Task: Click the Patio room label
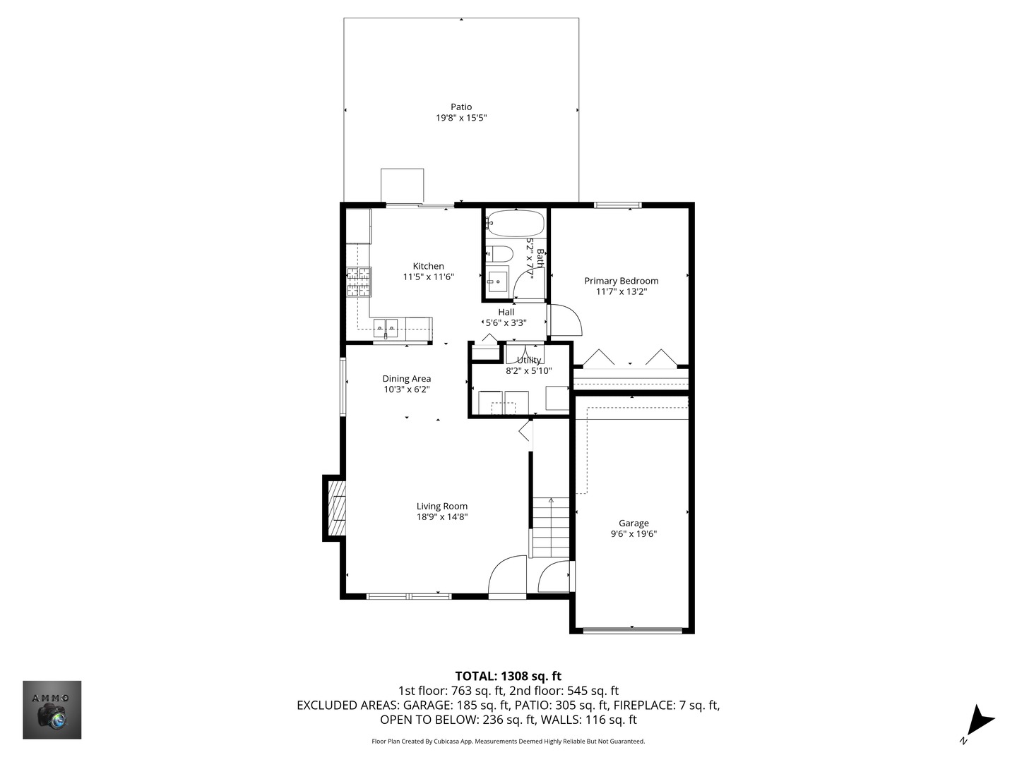[x=461, y=107]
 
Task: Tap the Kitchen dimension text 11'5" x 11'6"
[x=428, y=277]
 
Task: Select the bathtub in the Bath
[x=516, y=224]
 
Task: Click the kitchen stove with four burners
[x=358, y=282]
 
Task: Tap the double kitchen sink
[x=386, y=327]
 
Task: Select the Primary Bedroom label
[x=621, y=281]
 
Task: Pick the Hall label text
[x=506, y=312]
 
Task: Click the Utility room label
[x=528, y=360]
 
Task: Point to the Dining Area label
[x=406, y=379]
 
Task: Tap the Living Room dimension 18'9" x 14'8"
[x=442, y=516]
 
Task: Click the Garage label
[x=634, y=524]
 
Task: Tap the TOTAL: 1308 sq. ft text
[x=508, y=677]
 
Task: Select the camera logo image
[x=52, y=710]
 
